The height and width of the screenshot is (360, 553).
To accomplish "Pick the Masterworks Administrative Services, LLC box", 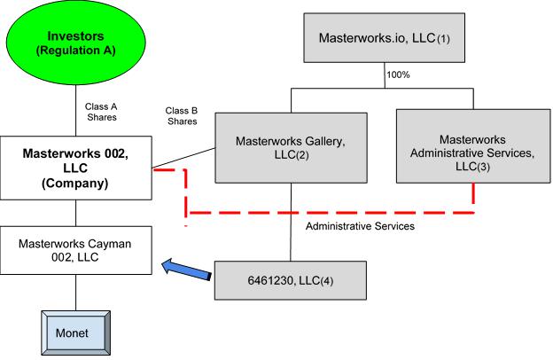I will [471, 147].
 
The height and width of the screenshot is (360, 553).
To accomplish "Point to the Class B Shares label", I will [182, 116].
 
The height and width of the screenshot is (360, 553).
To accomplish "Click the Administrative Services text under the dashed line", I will [361, 226].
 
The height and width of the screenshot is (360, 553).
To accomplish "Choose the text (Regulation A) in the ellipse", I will [76, 51].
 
